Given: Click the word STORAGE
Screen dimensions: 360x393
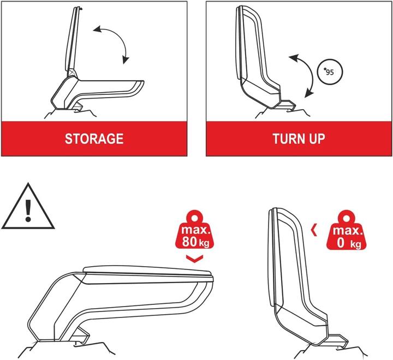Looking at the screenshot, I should [94, 139].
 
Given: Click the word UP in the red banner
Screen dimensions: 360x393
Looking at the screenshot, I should [315, 139].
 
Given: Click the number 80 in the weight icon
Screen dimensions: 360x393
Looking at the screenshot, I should [190, 239].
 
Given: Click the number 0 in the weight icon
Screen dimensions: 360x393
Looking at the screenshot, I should [341, 243].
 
